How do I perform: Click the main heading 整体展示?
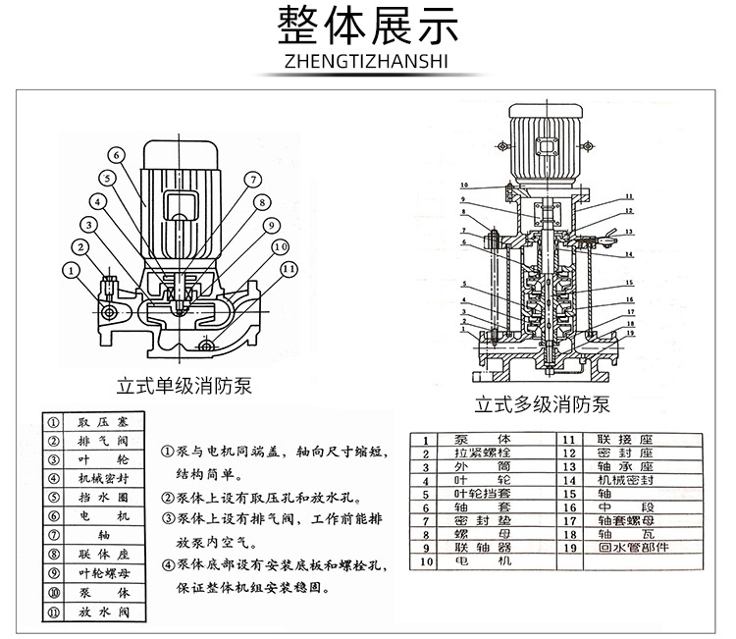click(368, 27)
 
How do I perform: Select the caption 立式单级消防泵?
click(185, 385)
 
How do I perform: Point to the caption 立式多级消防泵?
click(543, 403)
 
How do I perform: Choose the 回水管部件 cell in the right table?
click(631, 549)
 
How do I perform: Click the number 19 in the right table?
click(569, 549)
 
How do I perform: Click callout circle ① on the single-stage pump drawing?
click(72, 268)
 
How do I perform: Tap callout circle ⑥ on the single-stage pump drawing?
click(116, 154)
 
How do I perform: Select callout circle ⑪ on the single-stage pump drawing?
click(288, 268)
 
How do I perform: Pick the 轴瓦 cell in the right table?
click(631, 535)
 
